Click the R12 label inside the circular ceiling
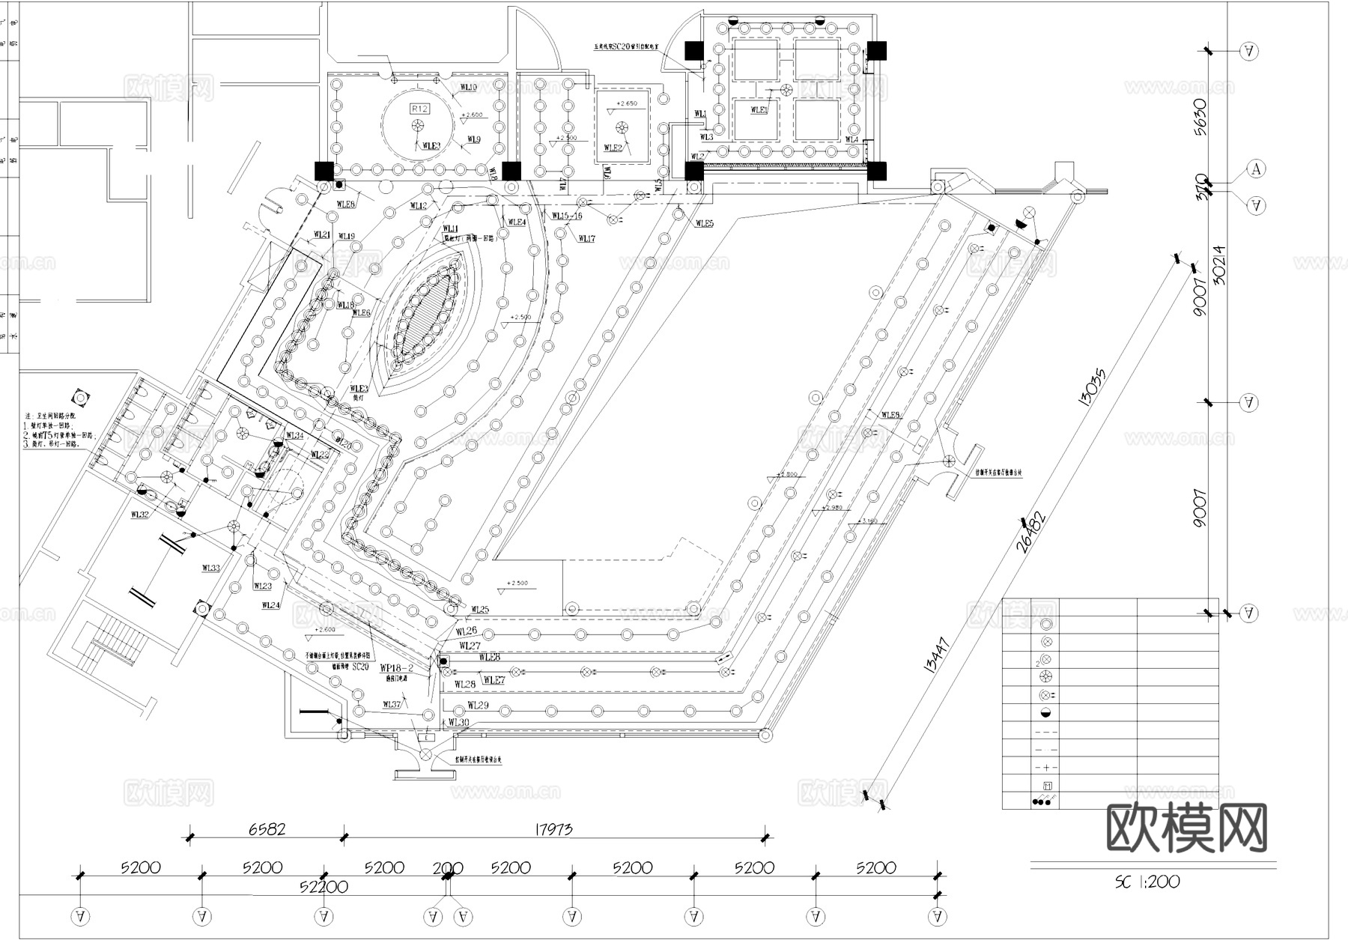[419, 109]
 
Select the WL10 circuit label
[468, 88]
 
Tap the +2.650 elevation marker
[626, 103]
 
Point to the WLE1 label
[759, 110]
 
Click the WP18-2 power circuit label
[397, 667]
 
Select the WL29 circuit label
[478, 705]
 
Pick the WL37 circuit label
[392, 704]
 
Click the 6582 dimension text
[267, 829]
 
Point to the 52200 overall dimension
[324, 887]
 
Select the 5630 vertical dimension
[1201, 116]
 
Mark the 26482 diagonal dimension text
[1030, 531]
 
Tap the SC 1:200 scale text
[1147, 882]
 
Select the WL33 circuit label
[210, 568]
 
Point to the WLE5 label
[704, 223]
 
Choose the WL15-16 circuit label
[567, 216]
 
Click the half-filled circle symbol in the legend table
[1046, 713]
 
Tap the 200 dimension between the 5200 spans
[448, 869]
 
